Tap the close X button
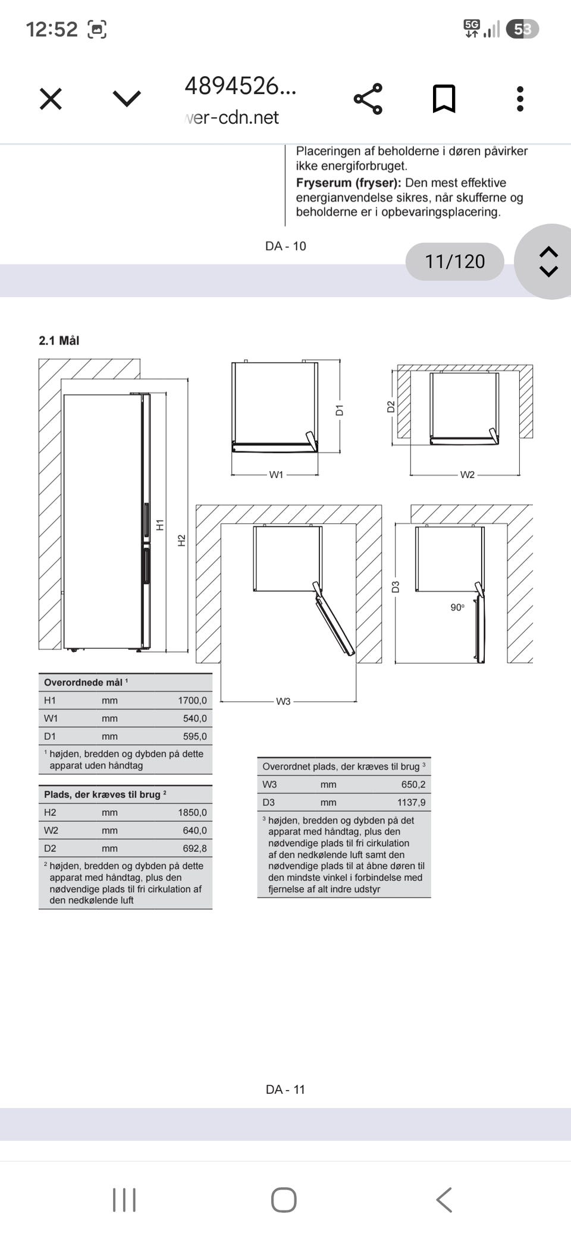(51, 99)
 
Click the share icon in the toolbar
(368, 99)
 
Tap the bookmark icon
(444, 99)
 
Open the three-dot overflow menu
(520, 99)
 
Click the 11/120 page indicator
(455, 261)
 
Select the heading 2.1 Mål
(59, 341)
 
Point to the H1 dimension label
(159, 525)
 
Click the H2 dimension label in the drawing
(182, 540)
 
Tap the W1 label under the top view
(277, 475)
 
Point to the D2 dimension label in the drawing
(391, 407)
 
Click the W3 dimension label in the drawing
(283, 702)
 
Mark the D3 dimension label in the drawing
(396, 587)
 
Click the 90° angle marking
(457, 607)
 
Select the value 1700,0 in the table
(192, 701)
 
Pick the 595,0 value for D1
(194, 736)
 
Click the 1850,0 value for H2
(192, 812)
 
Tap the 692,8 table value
(194, 849)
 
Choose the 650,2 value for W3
(413, 784)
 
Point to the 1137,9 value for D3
(412, 802)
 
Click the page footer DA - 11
(285, 1090)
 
